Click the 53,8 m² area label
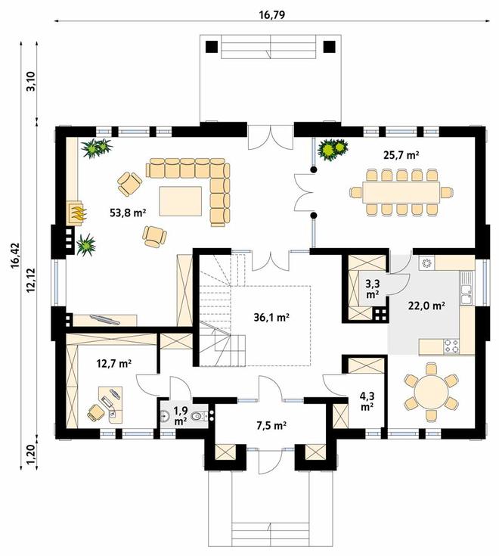point(128,213)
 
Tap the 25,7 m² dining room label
point(401,155)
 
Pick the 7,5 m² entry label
point(271,425)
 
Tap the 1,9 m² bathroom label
point(181,415)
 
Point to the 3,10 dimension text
point(31,82)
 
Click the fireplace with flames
point(76,213)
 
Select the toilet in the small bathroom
point(199,415)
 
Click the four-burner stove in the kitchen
point(450,346)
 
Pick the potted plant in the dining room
point(332,150)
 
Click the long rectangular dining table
point(400,192)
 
